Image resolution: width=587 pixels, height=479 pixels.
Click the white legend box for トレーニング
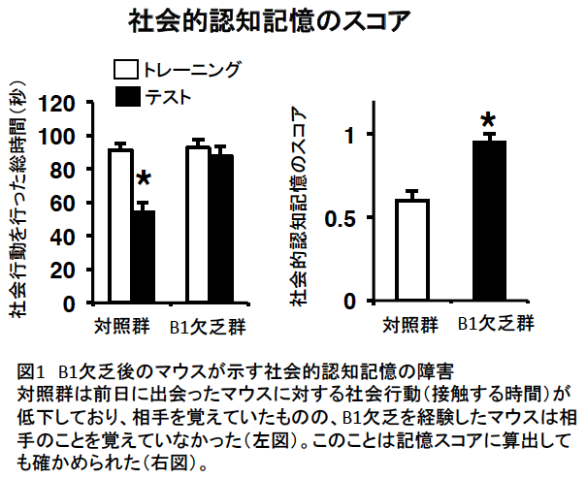click(126, 70)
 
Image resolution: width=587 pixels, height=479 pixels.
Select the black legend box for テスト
click(126, 96)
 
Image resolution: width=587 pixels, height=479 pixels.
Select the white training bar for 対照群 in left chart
click(120, 226)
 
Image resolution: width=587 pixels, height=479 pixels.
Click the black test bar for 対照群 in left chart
click(144, 257)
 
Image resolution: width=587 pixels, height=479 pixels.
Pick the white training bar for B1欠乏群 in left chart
click(198, 225)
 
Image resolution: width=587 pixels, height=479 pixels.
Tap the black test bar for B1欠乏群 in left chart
click(221, 229)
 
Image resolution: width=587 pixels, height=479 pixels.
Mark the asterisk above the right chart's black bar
click(489, 122)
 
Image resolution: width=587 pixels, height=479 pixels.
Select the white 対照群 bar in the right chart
click(412, 251)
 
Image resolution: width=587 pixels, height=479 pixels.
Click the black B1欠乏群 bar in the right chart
click(490, 222)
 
